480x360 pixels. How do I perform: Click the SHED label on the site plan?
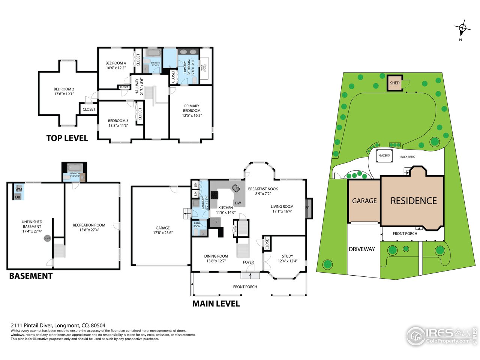(395, 83)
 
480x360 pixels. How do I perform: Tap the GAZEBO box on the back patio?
(384, 156)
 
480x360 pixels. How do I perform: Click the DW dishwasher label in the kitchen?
(238, 203)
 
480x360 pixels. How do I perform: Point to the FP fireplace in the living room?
(308, 208)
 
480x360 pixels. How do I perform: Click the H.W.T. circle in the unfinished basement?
(47, 238)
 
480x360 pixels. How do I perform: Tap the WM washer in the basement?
(19, 189)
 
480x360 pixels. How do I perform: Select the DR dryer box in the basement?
(18, 197)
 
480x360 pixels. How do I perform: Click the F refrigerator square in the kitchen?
(216, 222)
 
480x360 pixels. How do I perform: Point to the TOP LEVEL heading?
(67, 138)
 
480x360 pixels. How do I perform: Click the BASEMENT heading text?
(31, 276)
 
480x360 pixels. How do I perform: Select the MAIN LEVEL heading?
(216, 304)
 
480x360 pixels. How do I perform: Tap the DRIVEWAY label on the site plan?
(362, 249)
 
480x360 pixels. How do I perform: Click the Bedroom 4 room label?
(115, 65)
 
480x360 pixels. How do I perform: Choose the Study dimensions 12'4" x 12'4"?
(287, 261)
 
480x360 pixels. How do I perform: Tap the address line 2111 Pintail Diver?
(58, 325)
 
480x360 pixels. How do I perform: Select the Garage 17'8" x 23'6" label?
(163, 230)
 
